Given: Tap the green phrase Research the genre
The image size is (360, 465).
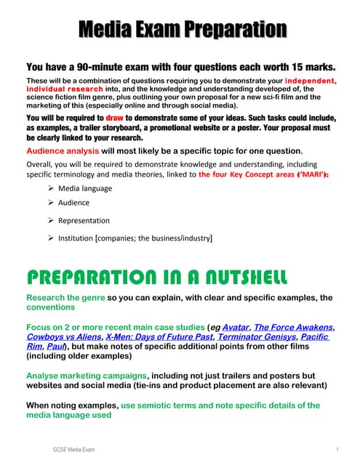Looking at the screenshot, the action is [65, 298].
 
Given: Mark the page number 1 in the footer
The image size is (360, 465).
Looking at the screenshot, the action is [329, 450].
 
